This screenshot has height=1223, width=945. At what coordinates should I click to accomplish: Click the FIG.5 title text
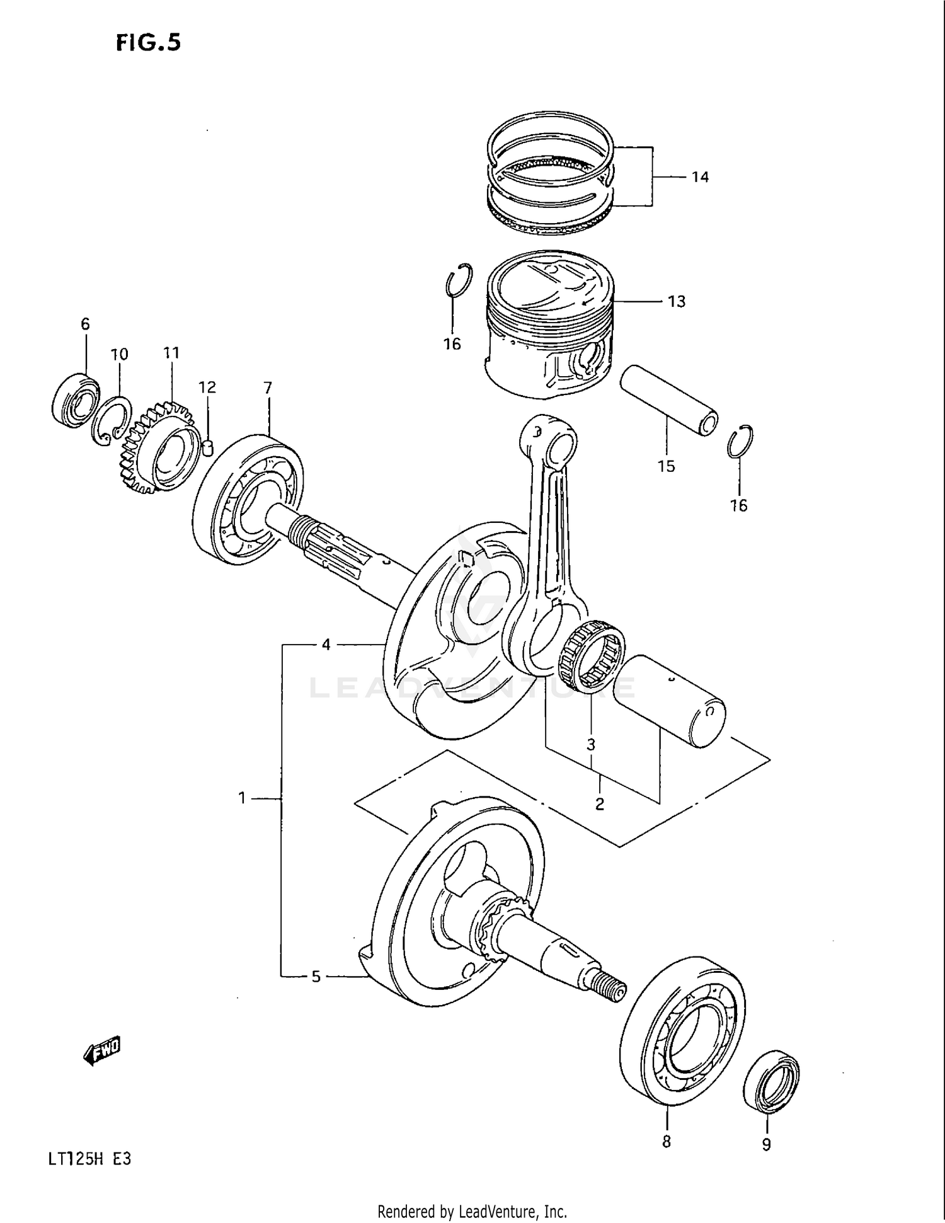[x=149, y=42]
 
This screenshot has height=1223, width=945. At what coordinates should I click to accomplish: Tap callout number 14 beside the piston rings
[x=700, y=177]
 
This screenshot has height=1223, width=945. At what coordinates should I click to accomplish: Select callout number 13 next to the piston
[x=676, y=302]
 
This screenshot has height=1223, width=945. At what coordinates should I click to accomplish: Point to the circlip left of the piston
[x=458, y=279]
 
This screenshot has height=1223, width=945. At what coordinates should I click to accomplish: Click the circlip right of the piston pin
[x=740, y=441]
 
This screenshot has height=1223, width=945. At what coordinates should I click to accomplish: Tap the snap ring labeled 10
[x=113, y=421]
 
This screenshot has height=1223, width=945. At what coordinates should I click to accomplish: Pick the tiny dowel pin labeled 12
[x=209, y=447]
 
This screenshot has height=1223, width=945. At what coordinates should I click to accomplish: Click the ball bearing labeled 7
[x=248, y=498]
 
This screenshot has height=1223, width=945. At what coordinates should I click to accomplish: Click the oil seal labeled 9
[x=771, y=1081]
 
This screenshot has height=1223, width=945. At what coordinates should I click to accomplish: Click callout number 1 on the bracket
[x=242, y=798]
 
